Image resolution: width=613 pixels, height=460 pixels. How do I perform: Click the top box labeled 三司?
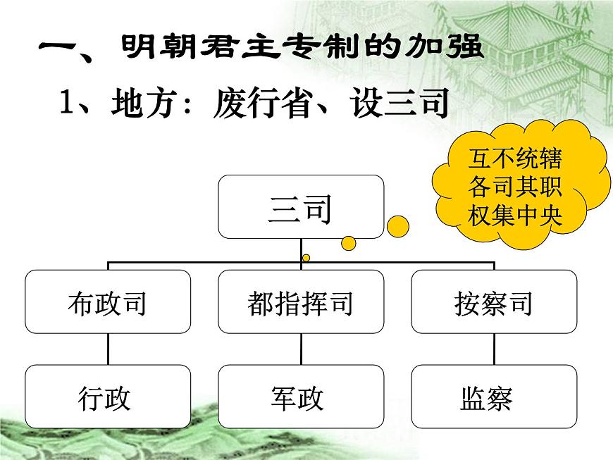coord(301,206)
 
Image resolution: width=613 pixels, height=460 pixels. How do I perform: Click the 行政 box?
coord(107,396)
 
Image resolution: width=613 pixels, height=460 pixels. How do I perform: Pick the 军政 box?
coord(301,396)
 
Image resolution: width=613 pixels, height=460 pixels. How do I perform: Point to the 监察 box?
coord(494,396)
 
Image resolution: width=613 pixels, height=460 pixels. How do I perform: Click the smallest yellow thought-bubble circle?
coord(306,258)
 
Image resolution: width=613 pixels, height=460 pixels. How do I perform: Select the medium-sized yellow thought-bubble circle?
coord(349,243)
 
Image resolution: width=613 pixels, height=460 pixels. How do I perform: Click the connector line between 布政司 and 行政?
coord(107,349)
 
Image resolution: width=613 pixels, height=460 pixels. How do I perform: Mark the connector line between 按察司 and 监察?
coord(494,349)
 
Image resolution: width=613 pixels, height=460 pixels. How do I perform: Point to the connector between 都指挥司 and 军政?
coord(301,349)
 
